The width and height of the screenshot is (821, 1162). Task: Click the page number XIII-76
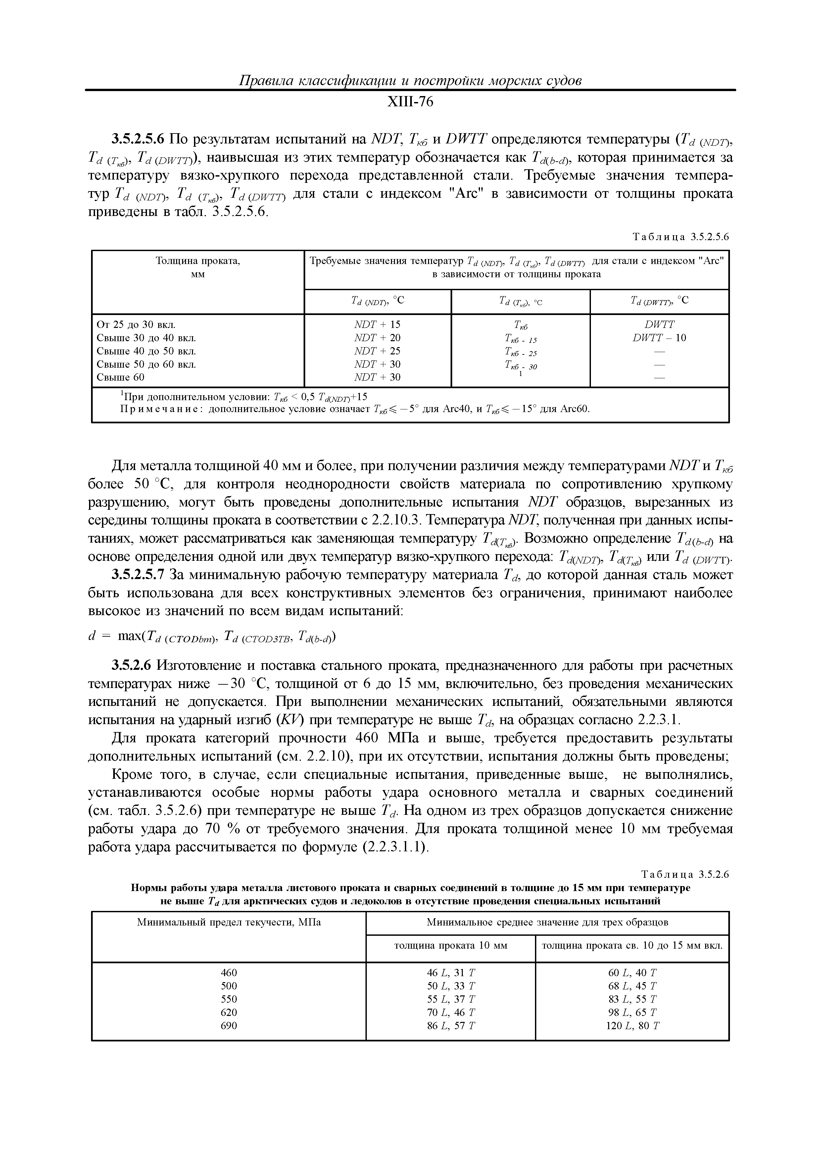point(410,102)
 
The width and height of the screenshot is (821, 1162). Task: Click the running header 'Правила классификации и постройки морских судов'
point(410,80)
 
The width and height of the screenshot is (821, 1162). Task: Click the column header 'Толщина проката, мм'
point(197,267)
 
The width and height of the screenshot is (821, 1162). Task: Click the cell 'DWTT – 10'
point(659,338)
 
